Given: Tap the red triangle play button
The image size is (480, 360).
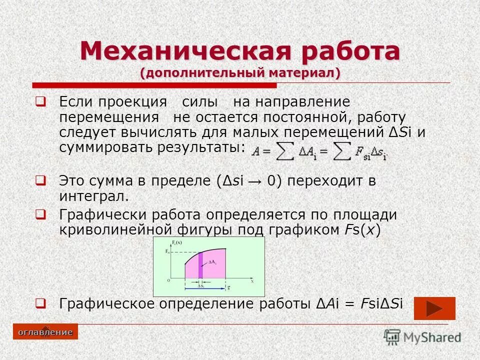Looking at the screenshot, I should [435, 308].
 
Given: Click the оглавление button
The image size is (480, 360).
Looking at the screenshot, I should [45, 332].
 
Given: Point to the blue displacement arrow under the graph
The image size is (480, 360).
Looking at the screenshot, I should [205, 288].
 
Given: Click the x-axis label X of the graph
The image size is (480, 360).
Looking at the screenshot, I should [252, 281].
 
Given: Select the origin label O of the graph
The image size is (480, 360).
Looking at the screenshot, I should [168, 281].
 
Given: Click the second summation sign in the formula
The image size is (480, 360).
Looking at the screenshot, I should [342, 151].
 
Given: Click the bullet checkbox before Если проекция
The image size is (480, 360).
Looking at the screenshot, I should [41, 102].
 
